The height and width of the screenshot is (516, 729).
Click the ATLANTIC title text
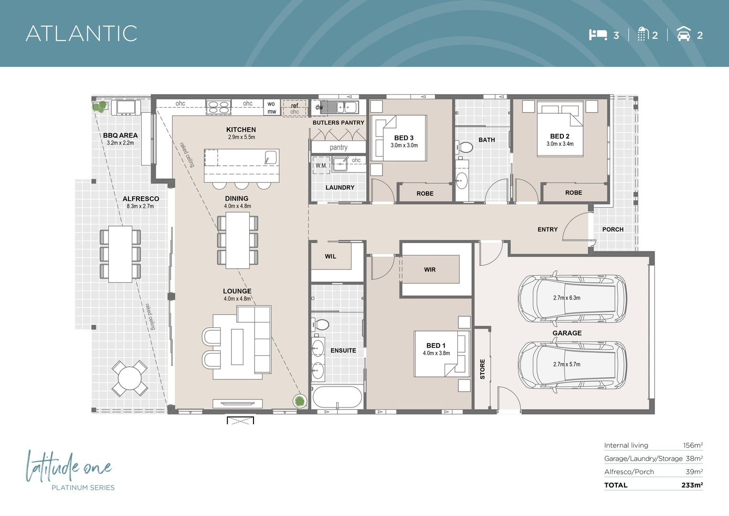click(82, 33)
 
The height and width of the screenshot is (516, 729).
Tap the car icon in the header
click(684, 34)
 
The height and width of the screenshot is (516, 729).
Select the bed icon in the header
click(598, 34)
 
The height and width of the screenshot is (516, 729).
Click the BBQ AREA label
click(120, 135)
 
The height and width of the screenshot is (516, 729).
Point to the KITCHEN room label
click(241, 129)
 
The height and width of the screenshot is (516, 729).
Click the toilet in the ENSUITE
click(321, 324)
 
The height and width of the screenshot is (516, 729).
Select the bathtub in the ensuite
click(337, 397)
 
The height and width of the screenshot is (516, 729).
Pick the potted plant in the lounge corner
click(299, 401)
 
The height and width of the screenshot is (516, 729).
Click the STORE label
click(482, 369)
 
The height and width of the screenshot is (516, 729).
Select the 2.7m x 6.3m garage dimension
click(567, 298)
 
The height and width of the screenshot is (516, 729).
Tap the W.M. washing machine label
click(321, 166)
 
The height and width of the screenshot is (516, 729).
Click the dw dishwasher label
click(319, 107)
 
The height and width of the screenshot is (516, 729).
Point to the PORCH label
click(613, 229)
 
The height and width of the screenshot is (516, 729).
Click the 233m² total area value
click(692, 485)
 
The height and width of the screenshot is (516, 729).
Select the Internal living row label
click(626, 445)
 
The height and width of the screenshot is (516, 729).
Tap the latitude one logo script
click(68, 467)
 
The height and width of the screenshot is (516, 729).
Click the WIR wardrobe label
click(430, 269)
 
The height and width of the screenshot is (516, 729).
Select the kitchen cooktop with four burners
click(218, 107)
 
